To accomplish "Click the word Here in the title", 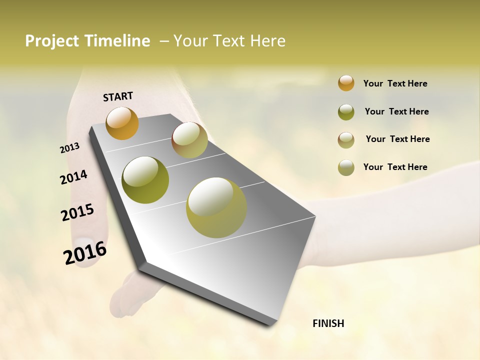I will (x=268, y=41).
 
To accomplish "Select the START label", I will (x=118, y=96).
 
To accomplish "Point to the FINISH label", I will (x=328, y=323).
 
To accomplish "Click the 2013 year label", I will (x=70, y=148).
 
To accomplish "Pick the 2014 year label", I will (x=73, y=177).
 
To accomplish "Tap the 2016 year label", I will (x=85, y=252).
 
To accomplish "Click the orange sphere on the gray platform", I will (x=122, y=123).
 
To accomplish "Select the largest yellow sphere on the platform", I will (x=216, y=207).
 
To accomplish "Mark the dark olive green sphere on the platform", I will (x=145, y=180).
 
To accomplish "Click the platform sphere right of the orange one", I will (x=189, y=140).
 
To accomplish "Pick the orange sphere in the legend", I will (x=346, y=83).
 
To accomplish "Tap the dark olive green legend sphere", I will (x=346, y=112).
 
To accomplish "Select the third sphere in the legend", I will (x=346, y=140).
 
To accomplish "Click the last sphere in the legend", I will (x=346, y=167).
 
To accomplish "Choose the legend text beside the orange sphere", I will (x=395, y=83).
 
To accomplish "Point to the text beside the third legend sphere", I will (x=397, y=139).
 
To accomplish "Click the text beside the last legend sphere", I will (x=395, y=167).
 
